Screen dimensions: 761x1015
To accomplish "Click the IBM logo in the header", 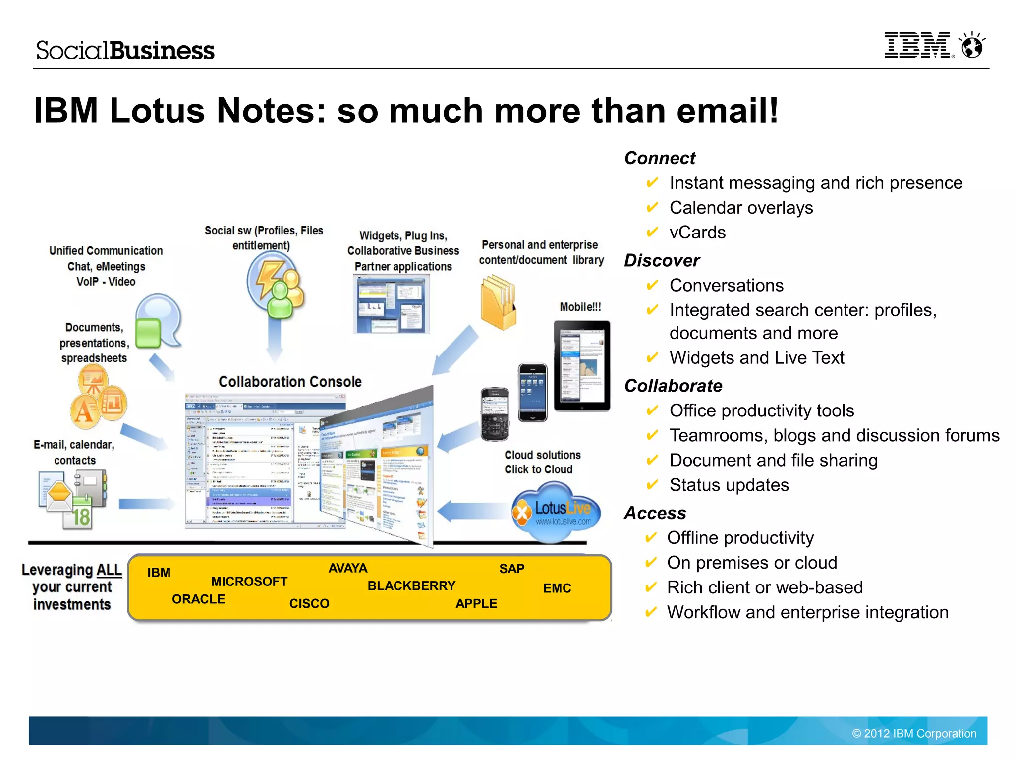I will click(917, 45).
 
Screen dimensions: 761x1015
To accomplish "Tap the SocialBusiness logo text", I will click(125, 51).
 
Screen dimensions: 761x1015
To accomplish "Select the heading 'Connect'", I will click(660, 158).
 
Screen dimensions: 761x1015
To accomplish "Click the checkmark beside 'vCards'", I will click(652, 232).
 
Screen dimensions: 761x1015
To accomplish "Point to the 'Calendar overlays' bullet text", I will click(741, 208).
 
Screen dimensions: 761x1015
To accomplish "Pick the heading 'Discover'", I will click(662, 260).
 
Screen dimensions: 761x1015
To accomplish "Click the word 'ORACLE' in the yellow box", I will click(198, 599).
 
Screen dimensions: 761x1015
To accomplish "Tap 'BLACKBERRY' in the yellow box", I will click(411, 586).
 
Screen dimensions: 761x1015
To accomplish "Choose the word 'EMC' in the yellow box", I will click(557, 588).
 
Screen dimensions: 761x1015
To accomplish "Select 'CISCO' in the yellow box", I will click(309, 604).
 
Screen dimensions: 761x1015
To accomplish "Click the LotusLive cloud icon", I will click(556, 512).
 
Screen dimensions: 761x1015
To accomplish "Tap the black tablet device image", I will click(582, 366).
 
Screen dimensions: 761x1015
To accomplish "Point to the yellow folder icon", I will click(499, 302).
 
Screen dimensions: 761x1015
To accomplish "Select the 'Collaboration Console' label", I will click(290, 382).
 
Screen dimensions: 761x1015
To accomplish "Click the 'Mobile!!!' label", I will click(580, 307).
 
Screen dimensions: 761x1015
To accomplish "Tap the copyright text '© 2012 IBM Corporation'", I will click(914, 734).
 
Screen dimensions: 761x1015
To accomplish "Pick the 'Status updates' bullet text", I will click(729, 485).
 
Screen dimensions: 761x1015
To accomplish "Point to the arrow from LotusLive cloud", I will click(471, 511).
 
